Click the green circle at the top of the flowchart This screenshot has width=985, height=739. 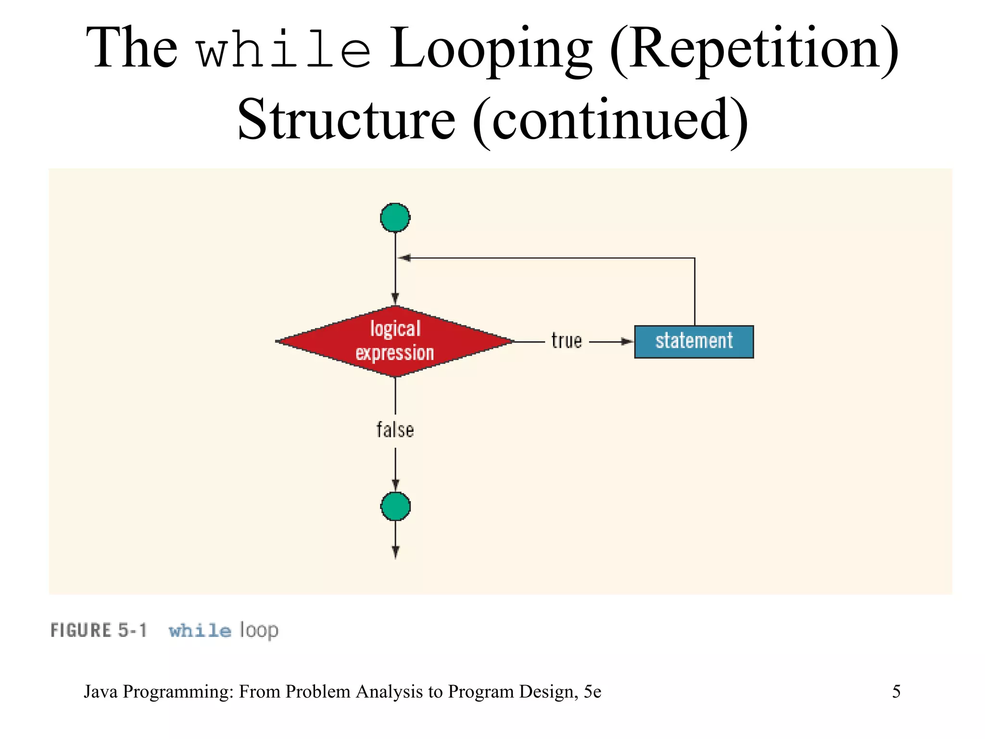[x=395, y=217]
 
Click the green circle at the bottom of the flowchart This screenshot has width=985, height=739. [x=395, y=506]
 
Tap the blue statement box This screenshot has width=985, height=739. [x=694, y=342]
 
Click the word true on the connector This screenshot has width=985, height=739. [x=566, y=341]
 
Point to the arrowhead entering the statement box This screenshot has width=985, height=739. [x=627, y=342]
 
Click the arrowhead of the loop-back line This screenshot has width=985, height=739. [x=404, y=258]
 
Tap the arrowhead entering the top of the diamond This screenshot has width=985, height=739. [x=395, y=298]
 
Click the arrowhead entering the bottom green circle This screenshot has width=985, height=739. [x=395, y=485]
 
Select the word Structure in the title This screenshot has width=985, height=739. [x=346, y=119]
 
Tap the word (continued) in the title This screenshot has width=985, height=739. [x=610, y=119]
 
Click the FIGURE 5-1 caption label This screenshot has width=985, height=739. [x=99, y=630]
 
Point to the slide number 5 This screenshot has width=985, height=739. [x=896, y=691]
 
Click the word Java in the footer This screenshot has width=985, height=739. [x=101, y=691]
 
